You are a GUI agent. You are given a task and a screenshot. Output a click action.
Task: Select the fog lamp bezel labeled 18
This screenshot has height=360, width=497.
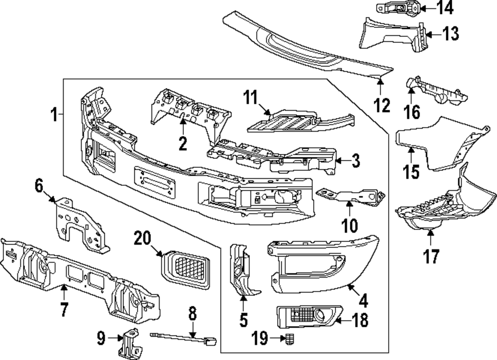pyautogui.click(x=306, y=316)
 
